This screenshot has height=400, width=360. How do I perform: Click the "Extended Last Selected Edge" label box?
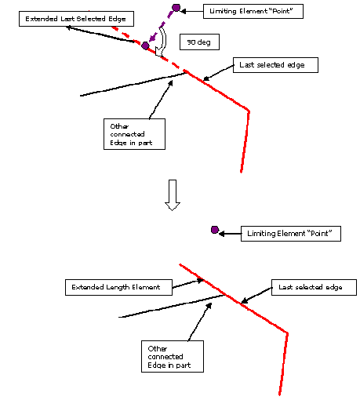pos(76,19)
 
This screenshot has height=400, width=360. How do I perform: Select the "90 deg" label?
pos(199,42)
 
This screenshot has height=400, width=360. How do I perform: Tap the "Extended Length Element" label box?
pos(118,287)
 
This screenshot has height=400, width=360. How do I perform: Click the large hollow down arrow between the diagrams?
pos(173,195)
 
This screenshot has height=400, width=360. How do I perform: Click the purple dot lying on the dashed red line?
pos(145,45)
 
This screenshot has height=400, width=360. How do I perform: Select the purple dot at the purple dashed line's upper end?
pos(176,8)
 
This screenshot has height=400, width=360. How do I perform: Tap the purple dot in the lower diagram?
pos(215,230)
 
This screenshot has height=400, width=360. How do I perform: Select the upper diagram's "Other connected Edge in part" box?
pos(134,134)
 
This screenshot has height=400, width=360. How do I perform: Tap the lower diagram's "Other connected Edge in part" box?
pos(173,356)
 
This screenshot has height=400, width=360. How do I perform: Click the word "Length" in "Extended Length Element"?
pos(118,287)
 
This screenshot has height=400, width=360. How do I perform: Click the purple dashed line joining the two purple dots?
pos(162,26)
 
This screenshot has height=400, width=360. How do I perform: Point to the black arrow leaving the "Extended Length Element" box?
pos(187,284)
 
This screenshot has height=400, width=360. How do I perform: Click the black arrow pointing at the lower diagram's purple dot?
pos(230,234)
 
